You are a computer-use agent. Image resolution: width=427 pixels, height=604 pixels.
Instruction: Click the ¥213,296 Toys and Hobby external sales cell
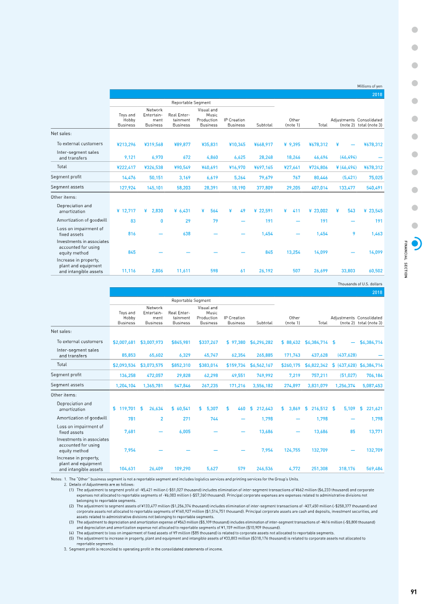click(126, 144)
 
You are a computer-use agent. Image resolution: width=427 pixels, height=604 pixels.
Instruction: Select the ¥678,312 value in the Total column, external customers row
click(318, 144)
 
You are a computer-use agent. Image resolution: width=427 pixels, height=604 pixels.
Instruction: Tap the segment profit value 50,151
click(156, 178)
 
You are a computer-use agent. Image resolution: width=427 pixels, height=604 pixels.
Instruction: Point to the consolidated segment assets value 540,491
click(374, 188)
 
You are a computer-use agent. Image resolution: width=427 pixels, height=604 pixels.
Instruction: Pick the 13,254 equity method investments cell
click(294, 252)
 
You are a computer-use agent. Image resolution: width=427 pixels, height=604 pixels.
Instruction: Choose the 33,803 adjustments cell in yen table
click(348, 271)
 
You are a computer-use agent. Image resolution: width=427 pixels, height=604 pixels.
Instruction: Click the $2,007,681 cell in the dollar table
click(124, 342)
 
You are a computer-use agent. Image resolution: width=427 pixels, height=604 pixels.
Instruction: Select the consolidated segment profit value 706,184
click(374, 375)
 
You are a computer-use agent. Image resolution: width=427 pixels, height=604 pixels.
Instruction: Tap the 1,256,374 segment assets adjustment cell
click(345, 386)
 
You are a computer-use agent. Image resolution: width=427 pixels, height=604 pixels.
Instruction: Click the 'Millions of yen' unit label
click(370, 87)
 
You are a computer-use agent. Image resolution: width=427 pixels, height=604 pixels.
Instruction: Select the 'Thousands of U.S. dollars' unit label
click(360, 284)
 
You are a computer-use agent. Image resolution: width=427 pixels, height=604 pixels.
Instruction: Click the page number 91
click(414, 592)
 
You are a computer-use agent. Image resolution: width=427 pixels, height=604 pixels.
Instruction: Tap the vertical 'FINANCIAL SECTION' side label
click(406, 259)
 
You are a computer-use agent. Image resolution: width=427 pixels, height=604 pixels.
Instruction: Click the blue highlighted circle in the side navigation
click(415, 244)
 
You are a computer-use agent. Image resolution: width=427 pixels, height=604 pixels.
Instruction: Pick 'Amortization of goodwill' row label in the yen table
click(82, 221)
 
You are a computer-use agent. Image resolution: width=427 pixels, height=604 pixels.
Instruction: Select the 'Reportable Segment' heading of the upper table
click(191, 103)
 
